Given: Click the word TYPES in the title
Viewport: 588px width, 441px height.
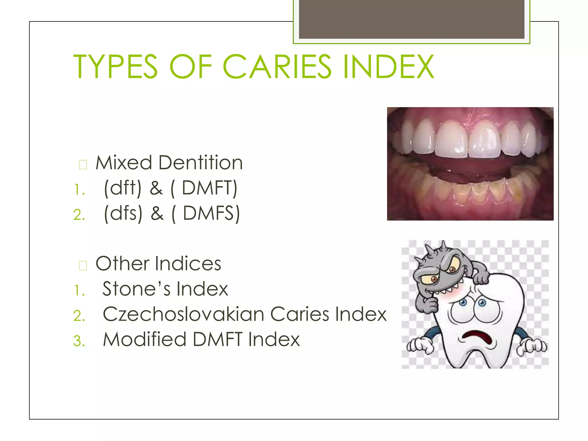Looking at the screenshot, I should click(x=115, y=67).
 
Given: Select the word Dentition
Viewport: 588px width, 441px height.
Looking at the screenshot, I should click(x=200, y=163).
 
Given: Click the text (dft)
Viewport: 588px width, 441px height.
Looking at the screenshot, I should click(x=123, y=188).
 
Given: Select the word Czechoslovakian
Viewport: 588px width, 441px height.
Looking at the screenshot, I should click(x=183, y=314).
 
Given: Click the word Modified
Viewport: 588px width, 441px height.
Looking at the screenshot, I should click(x=145, y=339).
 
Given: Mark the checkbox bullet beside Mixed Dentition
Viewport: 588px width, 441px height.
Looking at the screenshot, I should click(x=83, y=165).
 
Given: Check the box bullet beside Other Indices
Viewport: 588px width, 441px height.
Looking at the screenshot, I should click(x=83, y=265).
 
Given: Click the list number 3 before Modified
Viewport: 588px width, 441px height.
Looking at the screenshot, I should click(x=79, y=341).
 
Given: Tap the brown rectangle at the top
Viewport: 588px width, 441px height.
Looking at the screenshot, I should click(x=411, y=19).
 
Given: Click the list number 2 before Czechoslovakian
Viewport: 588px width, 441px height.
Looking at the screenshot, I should click(x=79, y=316).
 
